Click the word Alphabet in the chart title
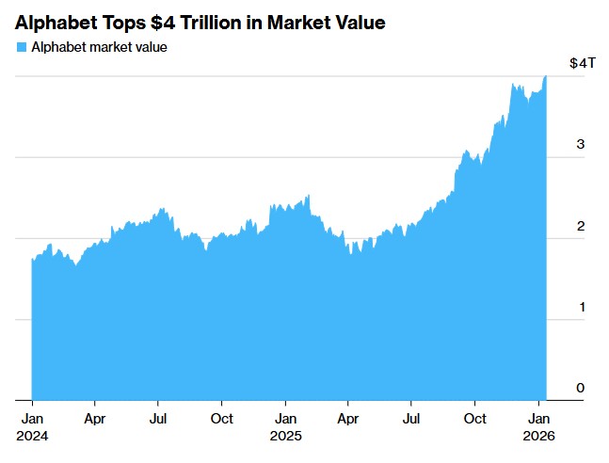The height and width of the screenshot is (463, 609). pos(55,22)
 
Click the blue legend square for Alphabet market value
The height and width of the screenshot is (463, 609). pos(21,47)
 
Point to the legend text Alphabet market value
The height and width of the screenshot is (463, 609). pos(99,47)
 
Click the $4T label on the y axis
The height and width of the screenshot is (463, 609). pos(583,63)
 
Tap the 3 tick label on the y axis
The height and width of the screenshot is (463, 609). pos(581,144)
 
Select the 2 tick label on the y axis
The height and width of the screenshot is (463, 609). pos(581,226)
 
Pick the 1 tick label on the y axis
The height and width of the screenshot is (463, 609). pos(581,307)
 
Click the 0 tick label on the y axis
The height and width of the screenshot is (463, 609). pos(581,388)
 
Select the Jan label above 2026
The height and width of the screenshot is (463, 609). pos(539,418)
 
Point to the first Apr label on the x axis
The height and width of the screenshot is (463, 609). pos(94,418)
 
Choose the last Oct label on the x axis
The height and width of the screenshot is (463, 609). pos(475,418)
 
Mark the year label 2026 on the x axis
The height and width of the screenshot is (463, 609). pos(539,436)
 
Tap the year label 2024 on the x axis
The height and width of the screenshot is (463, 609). pos(31,436)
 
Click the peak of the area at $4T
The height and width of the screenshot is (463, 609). pos(545,77)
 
